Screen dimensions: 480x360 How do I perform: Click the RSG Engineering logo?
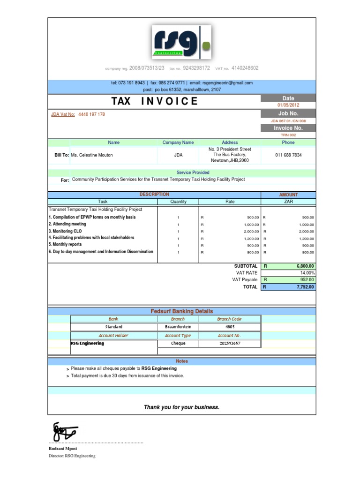pos(181,43)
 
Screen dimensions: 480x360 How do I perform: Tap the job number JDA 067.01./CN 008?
pos(288,120)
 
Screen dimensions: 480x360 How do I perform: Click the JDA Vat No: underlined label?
pos(63,114)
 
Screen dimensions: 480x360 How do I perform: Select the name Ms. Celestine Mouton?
pos(91,155)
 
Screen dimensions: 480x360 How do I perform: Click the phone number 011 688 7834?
pos(288,155)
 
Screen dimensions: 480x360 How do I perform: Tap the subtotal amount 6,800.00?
pos(305,266)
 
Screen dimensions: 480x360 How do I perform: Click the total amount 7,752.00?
pos(305,287)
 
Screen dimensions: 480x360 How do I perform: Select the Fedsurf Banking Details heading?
pos(181,311)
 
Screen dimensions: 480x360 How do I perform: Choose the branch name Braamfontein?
pos(175,327)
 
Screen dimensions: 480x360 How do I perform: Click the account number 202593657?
pos(230,343)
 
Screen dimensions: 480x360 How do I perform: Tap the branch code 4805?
pos(230,327)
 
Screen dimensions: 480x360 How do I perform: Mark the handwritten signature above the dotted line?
pos(65,431)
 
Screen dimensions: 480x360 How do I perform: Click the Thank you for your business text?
pos(181,407)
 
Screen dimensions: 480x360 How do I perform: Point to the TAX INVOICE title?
pos(154,102)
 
